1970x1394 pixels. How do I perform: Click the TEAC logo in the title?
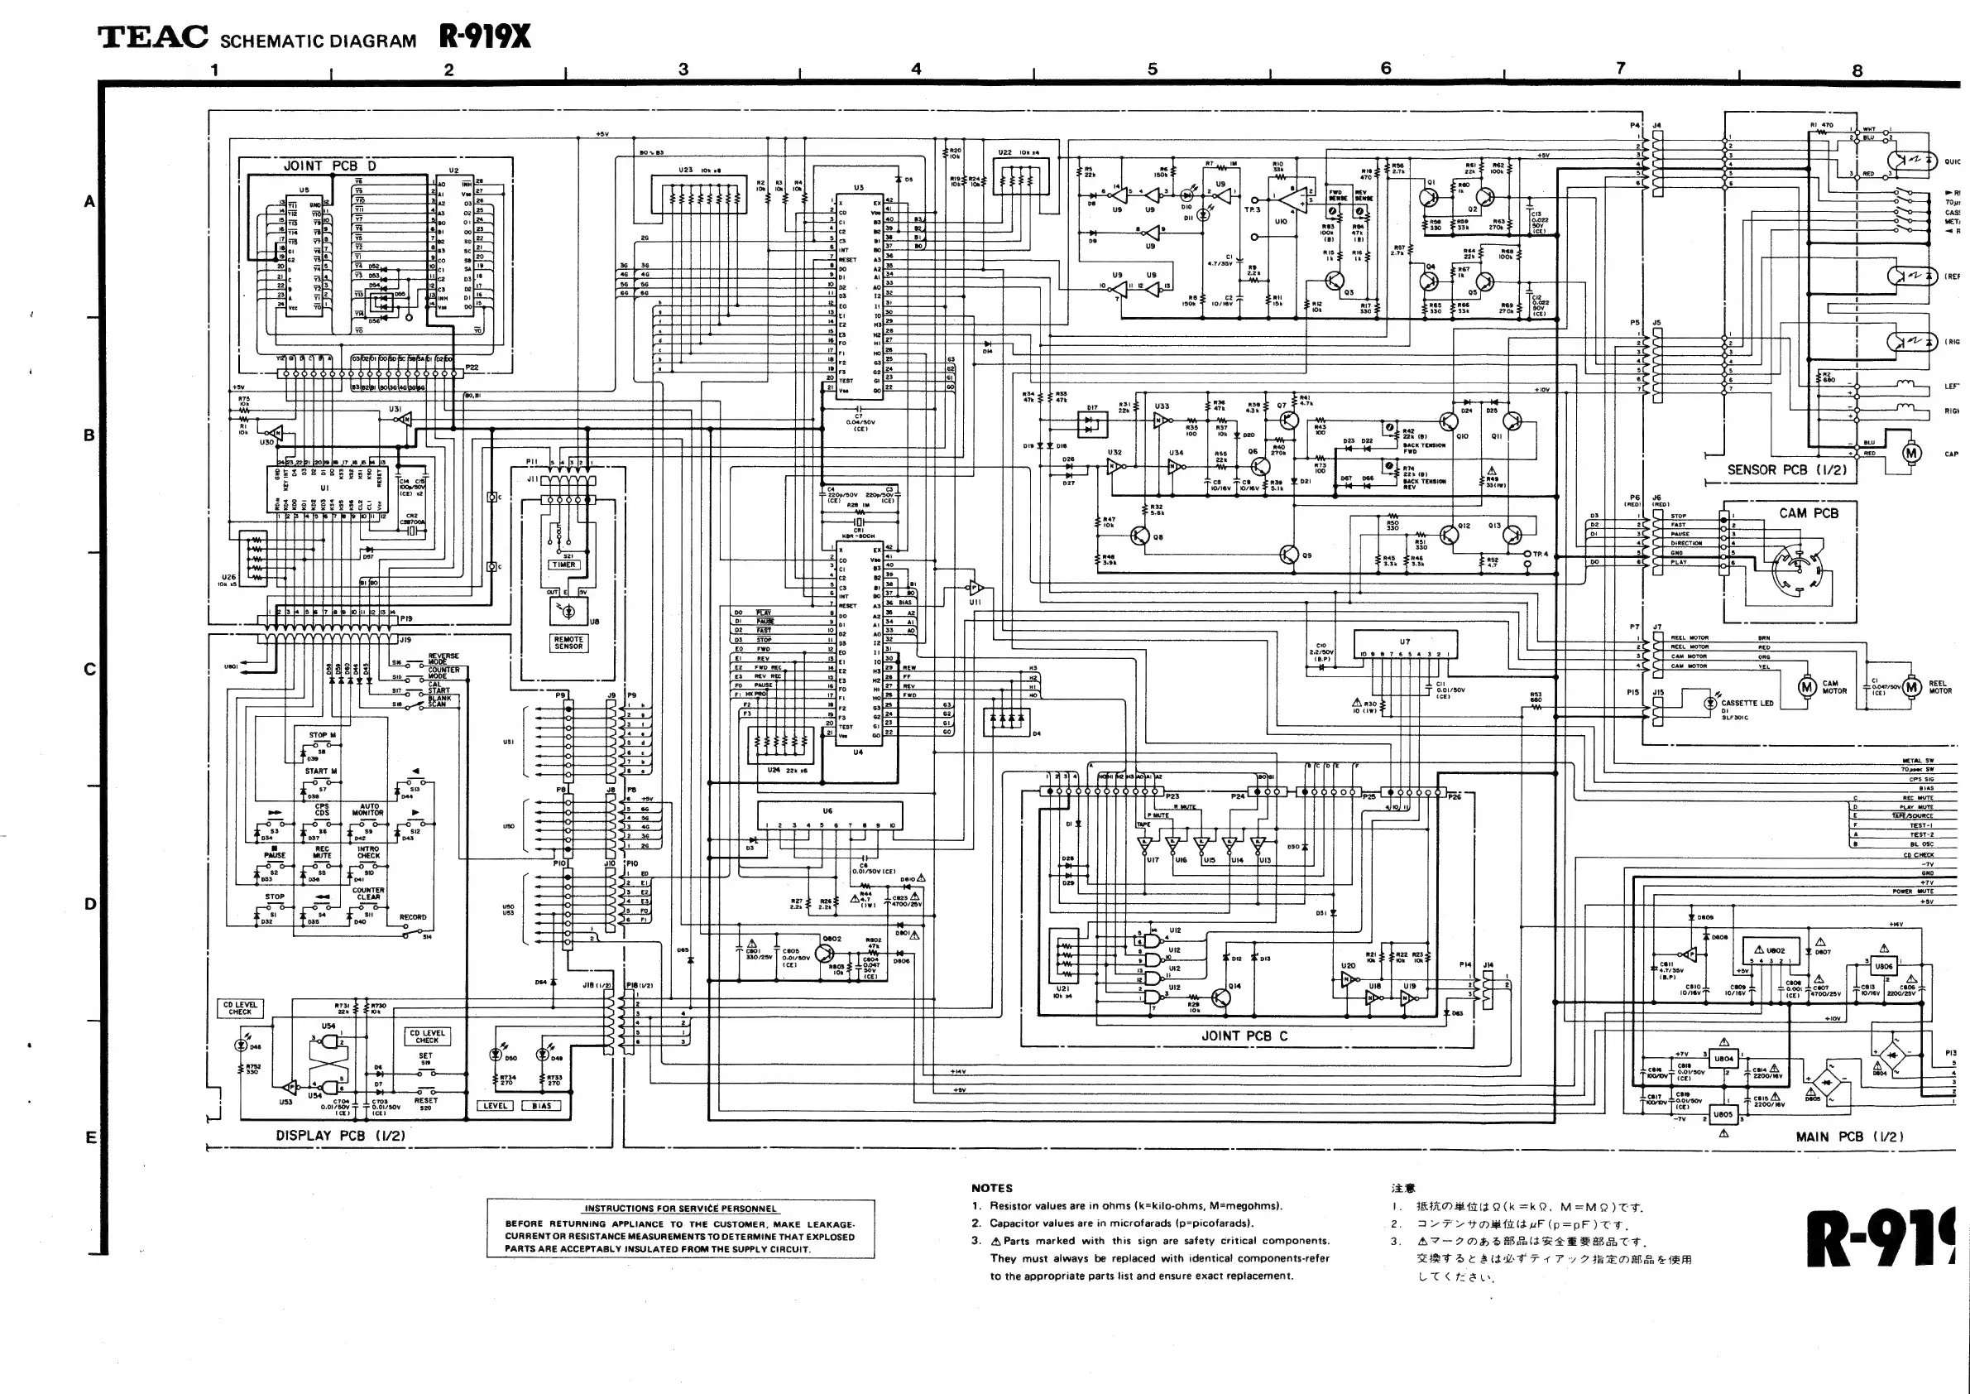(x=153, y=37)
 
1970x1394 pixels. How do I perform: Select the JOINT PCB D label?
(x=329, y=166)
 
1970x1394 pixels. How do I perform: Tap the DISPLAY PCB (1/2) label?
(x=340, y=1135)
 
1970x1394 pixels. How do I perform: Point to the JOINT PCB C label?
(x=1244, y=1036)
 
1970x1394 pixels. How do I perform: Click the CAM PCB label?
(x=1809, y=513)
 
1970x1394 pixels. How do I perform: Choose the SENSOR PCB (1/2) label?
(x=1786, y=469)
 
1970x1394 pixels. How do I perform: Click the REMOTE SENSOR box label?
(x=568, y=643)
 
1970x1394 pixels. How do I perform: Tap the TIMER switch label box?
(x=563, y=565)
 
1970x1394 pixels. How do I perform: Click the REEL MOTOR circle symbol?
(x=1910, y=687)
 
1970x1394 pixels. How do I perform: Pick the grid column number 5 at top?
(x=1153, y=70)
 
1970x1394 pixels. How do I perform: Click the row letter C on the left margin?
(x=90, y=669)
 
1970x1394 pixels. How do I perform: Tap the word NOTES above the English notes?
(x=992, y=1188)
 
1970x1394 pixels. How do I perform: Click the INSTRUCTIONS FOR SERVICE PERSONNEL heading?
(x=679, y=1209)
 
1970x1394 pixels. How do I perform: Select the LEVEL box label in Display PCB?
(x=495, y=1106)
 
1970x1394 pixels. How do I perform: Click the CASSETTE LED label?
(x=1747, y=703)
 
